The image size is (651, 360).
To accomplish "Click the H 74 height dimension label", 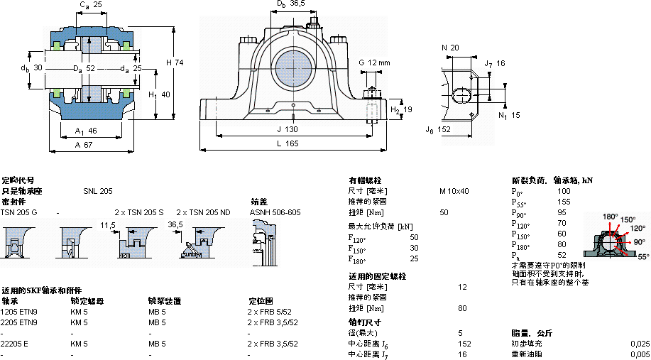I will click(x=175, y=62).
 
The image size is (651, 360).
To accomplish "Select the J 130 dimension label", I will click(x=287, y=129).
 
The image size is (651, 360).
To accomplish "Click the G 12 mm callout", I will click(x=375, y=62).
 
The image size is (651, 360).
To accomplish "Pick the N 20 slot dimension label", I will click(x=451, y=48).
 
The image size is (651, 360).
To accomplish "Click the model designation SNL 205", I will click(x=98, y=191).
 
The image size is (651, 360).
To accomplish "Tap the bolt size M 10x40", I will click(x=454, y=191).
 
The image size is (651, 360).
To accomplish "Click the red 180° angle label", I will click(x=610, y=216).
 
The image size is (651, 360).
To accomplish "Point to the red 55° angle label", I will click(x=642, y=256).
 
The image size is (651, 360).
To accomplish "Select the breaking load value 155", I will click(x=563, y=202).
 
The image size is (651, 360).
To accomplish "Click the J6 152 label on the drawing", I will click(x=438, y=129).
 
